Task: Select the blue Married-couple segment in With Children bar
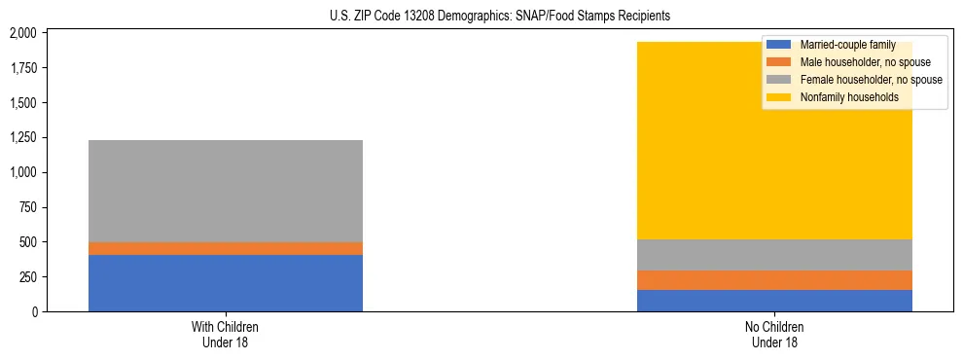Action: tap(226, 283)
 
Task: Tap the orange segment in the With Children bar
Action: tap(226, 248)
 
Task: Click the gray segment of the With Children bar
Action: tap(226, 191)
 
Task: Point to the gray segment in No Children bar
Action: tap(774, 255)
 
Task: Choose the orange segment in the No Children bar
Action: tap(774, 280)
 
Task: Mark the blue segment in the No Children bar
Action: tap(774, 301)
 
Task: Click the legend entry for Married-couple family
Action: tap(847, 45)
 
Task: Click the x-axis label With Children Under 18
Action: tap(226, 334)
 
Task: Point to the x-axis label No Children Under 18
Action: tap(774, 334)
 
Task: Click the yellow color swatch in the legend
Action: tap(779, 97)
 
